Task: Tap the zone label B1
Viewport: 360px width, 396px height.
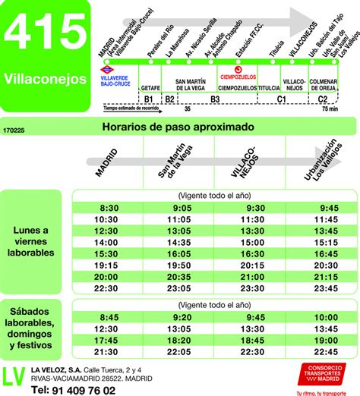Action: tap(149, 99)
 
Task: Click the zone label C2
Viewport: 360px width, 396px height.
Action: tap(324, 99)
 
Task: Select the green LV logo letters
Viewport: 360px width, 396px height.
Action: tap(14, 377)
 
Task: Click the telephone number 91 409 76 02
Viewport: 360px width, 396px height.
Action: tap(74, 390)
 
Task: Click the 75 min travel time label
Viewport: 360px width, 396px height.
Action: tap(328, 109)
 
